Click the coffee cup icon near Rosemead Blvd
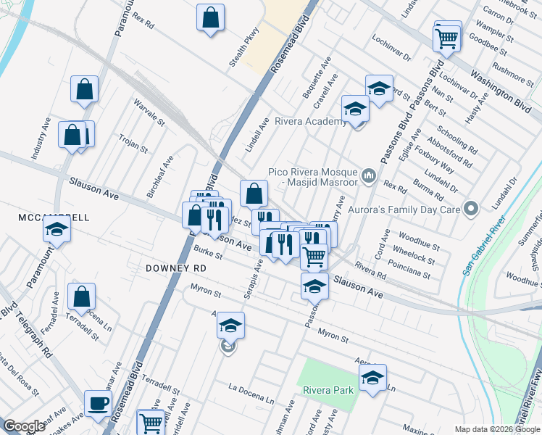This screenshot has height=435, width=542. tap(98, 403)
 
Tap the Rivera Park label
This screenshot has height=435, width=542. tap(328, 391)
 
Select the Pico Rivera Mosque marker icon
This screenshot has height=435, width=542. tap(369, 175)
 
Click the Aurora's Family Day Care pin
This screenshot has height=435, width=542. tap(472, 210)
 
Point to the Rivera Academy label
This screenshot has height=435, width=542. tap(310, 122)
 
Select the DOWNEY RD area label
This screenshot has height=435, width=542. tap(176, 268)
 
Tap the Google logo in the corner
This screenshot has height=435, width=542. tap(24, 426)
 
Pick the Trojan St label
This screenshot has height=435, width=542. tap(133, 143)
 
